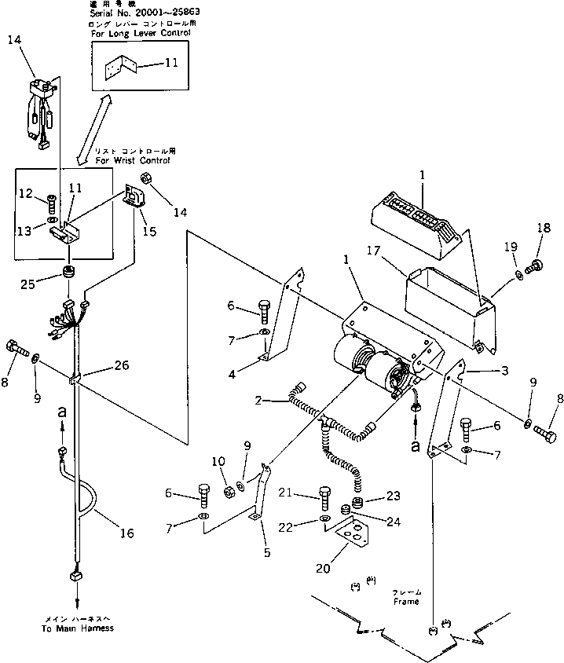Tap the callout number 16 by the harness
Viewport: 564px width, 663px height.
[x=126, y=533]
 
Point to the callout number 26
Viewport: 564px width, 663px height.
[x=122, y=364]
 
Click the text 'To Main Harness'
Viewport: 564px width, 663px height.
[x=78, y=628]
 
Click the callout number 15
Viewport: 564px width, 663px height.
[x=149, y=232]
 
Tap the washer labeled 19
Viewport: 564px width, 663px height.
[x=521, y=274]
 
